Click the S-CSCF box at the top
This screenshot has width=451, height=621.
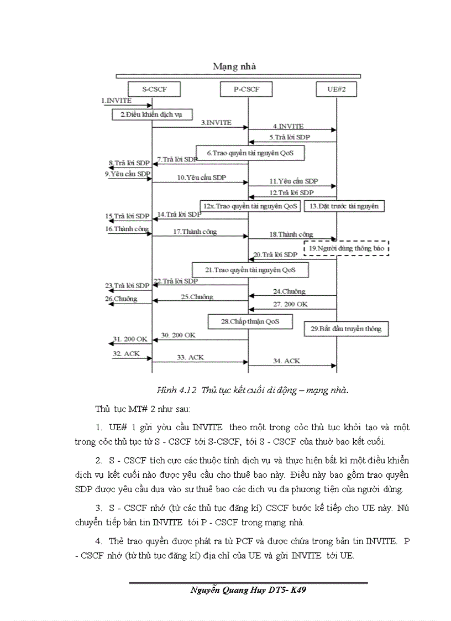pyautogui.click(x=151, y=88)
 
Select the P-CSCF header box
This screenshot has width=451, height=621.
pyautogui.click(x=247, y=88)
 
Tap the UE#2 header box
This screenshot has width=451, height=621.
pyautogui.click(x=336, y=88)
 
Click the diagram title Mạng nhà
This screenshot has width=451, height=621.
pyautogui.click(x=234, y=66)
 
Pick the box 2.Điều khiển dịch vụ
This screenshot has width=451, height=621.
pyautogui.click(x=150, y=114)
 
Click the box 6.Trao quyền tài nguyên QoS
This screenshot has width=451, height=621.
pyautogui.click(x=250, y=152)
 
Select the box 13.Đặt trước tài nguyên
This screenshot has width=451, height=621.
pyautogui.click(x=344, y=206)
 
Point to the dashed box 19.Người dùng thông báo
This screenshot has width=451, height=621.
pyautogui.click(x=346, y=248)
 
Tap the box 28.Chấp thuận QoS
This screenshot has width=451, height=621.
pyautogui.click(x=250, y=321)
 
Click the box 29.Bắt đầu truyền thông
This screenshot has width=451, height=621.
pyautogui.click(x=346, y=328)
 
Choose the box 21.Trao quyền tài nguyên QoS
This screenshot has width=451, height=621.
pyautogui.click(x=250, y=270)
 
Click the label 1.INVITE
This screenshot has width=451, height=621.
pyautogui.click(x=117, y=101)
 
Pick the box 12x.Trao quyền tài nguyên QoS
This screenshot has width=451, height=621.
pyautogui.click(x=250, y=206)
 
